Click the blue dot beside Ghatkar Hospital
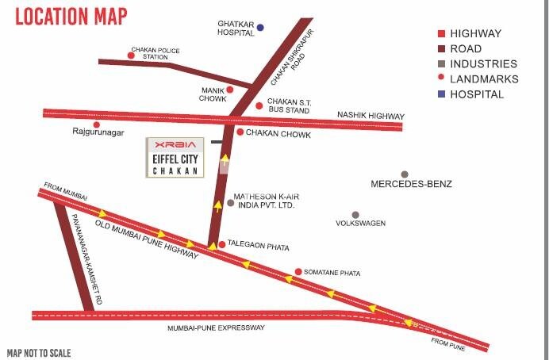tap(259, 28)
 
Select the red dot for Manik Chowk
tap(230, 90)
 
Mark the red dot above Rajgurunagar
tap(97, 124)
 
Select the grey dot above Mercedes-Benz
tap(405, 174)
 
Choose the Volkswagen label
tap(361, 224)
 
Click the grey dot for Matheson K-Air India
tap(230, 203)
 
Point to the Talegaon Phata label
tap(258, 247)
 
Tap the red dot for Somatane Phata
tap(298, 272)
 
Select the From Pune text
tap(447, 342)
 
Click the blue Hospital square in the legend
tap(440, 94)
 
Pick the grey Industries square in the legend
tap(440, 64)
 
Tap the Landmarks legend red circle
tap(440, 79)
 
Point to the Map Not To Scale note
tap(39, 353)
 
